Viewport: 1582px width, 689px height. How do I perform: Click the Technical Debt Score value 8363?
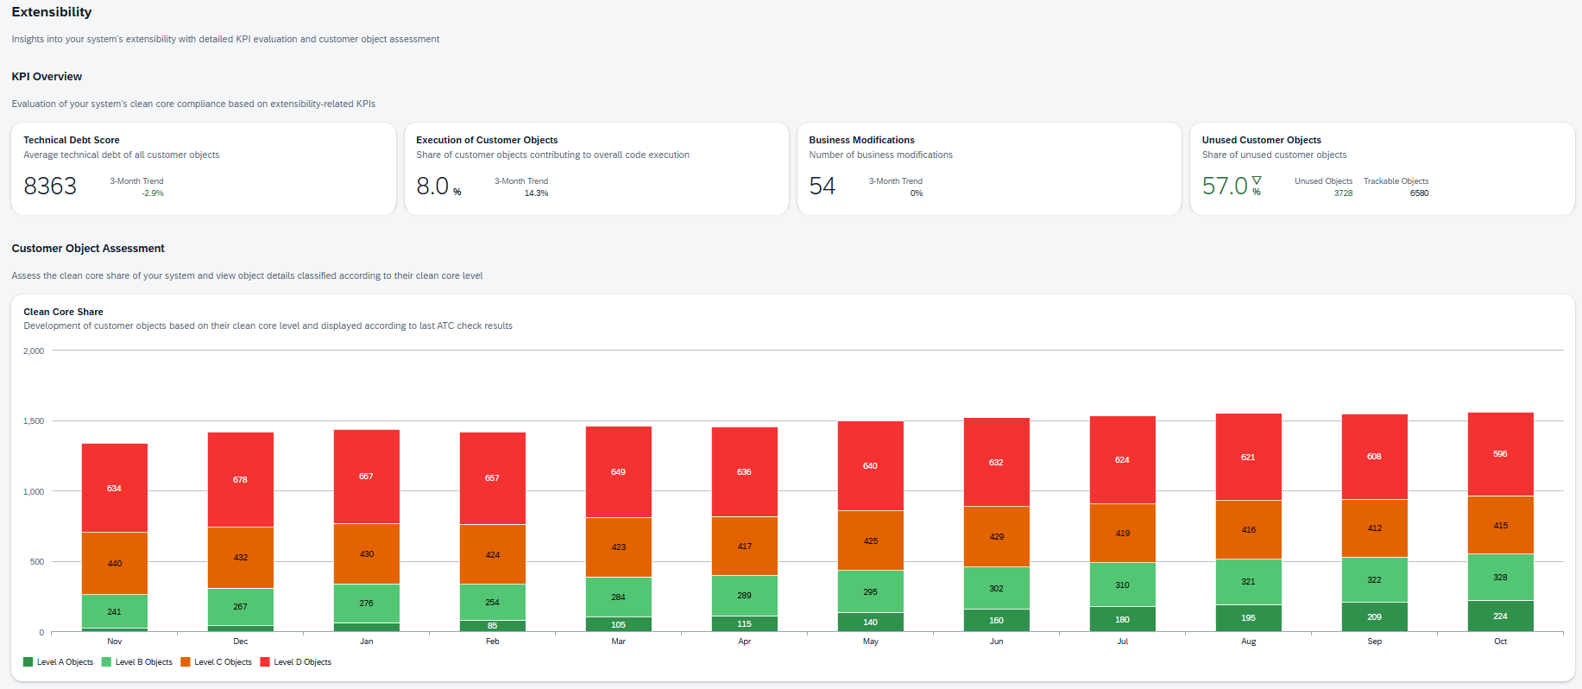[50, 186]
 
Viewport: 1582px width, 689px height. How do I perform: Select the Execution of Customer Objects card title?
[487, 140]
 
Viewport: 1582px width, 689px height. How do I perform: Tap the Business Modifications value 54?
[822, 186]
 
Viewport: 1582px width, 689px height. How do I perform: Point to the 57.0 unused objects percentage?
[1225, 186]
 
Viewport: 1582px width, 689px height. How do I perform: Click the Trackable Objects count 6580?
[1419, 193]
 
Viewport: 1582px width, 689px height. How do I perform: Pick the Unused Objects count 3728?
[1343, 193]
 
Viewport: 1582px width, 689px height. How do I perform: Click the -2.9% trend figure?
[153, 193]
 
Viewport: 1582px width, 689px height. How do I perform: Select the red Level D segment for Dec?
[240, 479]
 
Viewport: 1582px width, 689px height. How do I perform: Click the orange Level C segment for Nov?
[114, 563]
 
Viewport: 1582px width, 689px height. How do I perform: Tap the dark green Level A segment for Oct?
[1500, 616]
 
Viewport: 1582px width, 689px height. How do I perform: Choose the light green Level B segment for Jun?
[996, 588]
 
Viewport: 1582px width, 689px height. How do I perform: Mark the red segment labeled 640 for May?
[870, 465]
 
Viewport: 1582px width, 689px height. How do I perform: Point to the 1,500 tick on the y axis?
[34, 421]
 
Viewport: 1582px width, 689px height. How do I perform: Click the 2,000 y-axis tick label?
[34, 351]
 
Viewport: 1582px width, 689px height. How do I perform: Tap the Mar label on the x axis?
[618, 642]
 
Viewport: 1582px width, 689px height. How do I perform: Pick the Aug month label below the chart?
[1248, 642]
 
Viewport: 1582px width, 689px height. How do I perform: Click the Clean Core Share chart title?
[63, 312]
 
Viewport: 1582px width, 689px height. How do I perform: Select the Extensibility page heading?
[51, 12]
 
